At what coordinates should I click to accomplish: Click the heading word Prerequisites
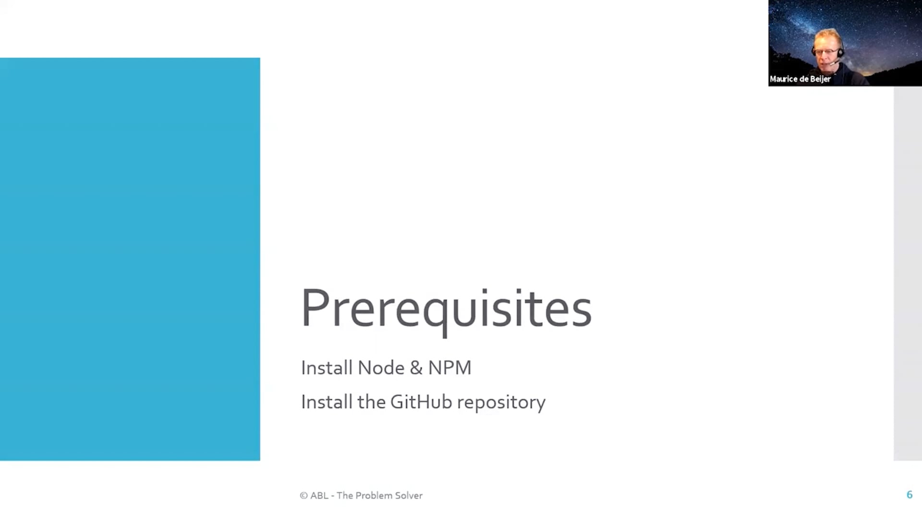tap(446, 310)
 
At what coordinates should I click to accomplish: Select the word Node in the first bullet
tap(381, 368)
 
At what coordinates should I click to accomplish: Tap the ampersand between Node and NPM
tap(416, 368)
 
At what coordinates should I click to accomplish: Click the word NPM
tap(449, 368)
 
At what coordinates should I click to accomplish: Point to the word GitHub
tap(421, 402)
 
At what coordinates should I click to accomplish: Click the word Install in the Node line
tap(327, 368)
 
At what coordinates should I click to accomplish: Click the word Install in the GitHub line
tap(327, 402)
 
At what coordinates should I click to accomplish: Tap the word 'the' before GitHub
tap(372, 402)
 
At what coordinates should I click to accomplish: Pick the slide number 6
tap(910, 494)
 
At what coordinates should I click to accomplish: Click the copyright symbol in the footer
tap(303, 495)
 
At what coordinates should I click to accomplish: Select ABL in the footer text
tap(319, 495)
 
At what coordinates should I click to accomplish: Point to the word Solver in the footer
tap(409, 495)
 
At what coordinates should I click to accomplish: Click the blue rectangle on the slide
tap(130, 259)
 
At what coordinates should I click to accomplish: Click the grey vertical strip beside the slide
tap(908, 273)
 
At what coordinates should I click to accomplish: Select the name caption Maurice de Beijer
tap(800, 79)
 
